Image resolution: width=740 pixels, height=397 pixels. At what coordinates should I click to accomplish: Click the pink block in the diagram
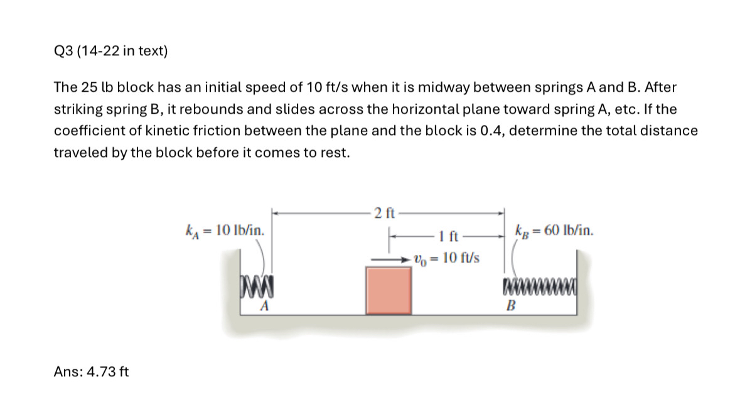389,290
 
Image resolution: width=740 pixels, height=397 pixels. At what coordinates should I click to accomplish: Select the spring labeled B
539,290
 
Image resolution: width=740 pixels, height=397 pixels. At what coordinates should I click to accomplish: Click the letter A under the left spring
265,306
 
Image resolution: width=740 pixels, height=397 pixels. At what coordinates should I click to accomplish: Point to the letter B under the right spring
511,307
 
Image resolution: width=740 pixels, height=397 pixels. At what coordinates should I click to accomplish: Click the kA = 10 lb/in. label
223,230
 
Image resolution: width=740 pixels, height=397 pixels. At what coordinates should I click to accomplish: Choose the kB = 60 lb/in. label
553,230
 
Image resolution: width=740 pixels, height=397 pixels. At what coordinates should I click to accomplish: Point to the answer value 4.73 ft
107,371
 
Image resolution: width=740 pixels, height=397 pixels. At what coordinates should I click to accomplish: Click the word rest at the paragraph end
335,153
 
